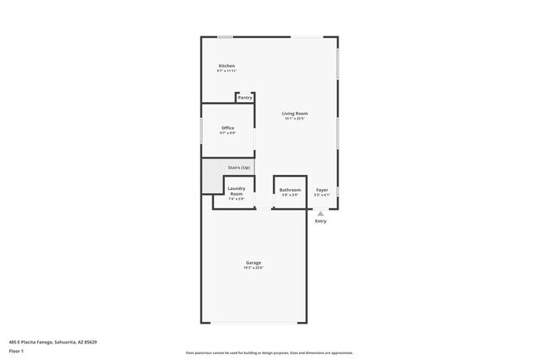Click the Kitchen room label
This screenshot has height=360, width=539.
click(x=226, y=66)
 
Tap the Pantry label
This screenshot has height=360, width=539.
click(x=245, y=98)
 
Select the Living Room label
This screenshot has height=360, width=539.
click(x=294, y=113)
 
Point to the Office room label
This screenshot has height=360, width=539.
click(x=227, y=128)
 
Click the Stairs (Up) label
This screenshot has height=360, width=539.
click(x=239, y=168)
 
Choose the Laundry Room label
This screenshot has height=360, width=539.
click(x=236, y=191)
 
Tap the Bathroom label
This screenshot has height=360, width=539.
click(x=289, y=189)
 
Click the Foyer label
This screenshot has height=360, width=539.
click(x=322, y=189)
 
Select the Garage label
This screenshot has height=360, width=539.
click(x=253, y=263)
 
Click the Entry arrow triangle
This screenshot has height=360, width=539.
click(x=321, y=213)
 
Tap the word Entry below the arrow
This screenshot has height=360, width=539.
click(x=321, y=221)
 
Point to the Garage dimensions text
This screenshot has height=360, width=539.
click(x=253, y=268)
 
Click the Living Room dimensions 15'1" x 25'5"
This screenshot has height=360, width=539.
click(x=294, y=119)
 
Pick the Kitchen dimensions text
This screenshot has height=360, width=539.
click(x=226, y=71)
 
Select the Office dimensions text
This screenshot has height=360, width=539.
click(x=227, y=133)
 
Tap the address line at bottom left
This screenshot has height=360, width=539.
click(x=53, y=341)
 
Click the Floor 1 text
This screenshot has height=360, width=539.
click(x=17, y=351)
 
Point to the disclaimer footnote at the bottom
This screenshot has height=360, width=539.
click(x=269, y=353)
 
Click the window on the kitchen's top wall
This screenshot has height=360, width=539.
click(x=224, y=36)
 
